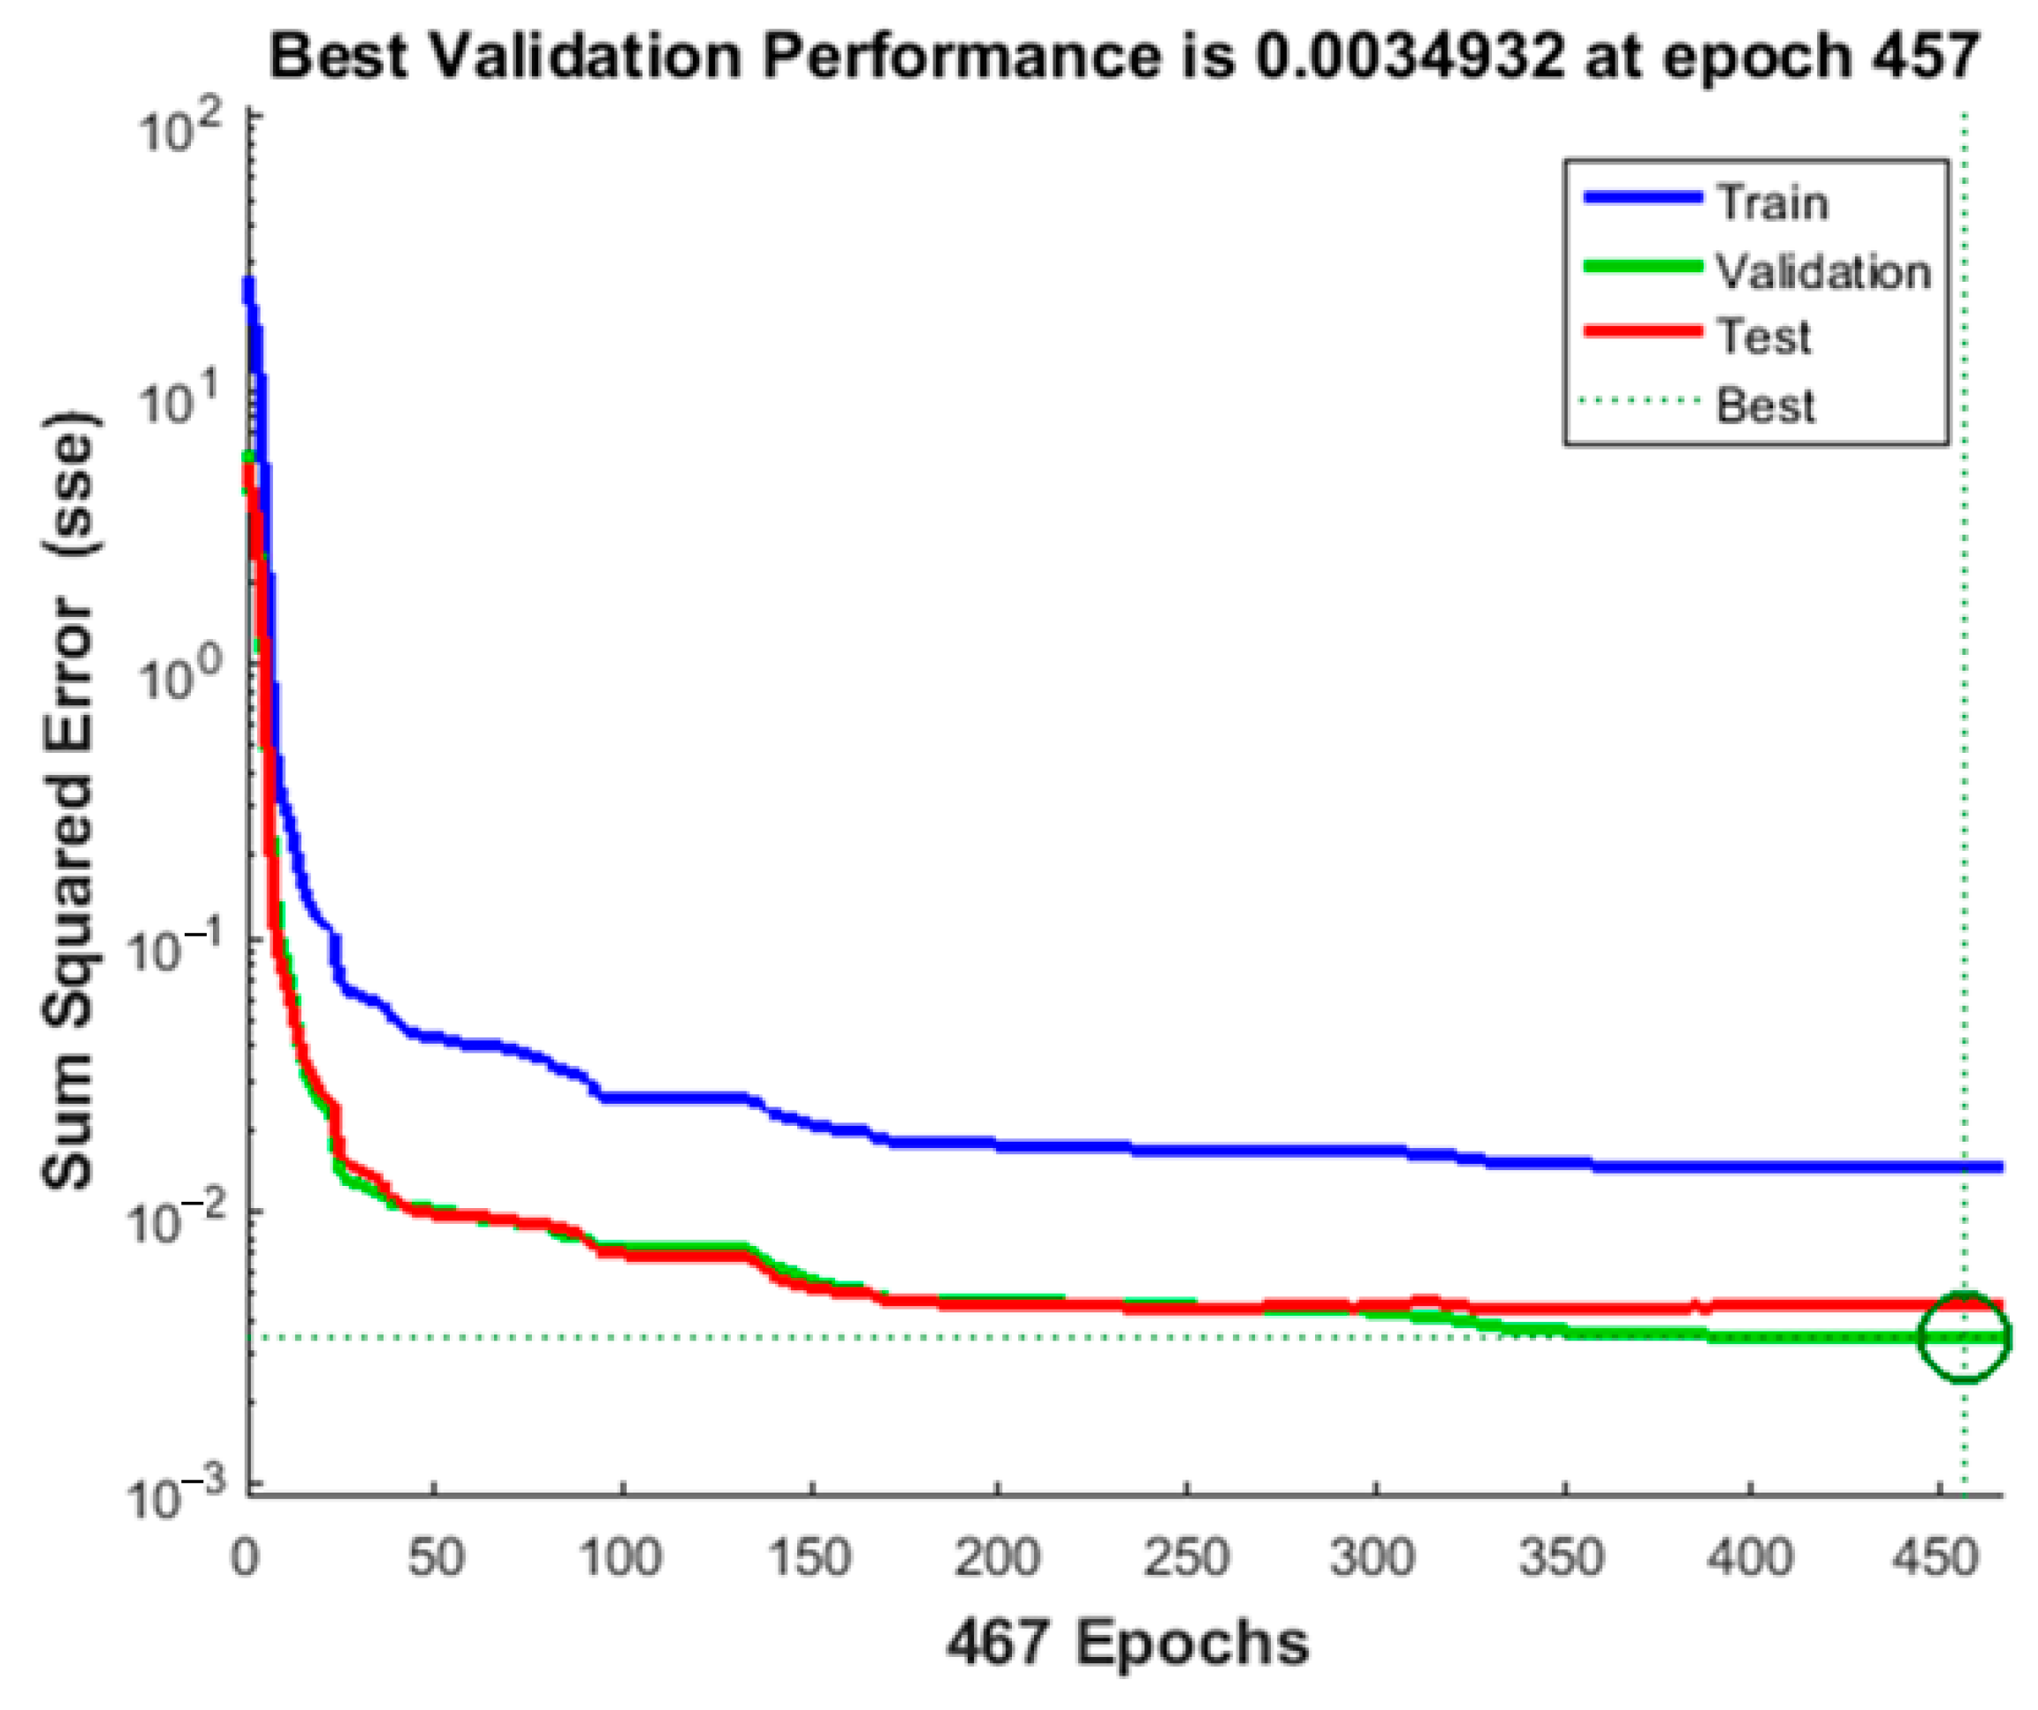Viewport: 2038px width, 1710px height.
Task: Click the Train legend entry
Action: pos(1772,204)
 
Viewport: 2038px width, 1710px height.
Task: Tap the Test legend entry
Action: pos(1763,338)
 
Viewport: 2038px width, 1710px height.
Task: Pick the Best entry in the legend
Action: pos(1764,406)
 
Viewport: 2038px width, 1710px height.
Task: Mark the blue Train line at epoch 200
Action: pos(998,1145)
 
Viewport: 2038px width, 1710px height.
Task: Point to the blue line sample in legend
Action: pos(1642,198)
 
